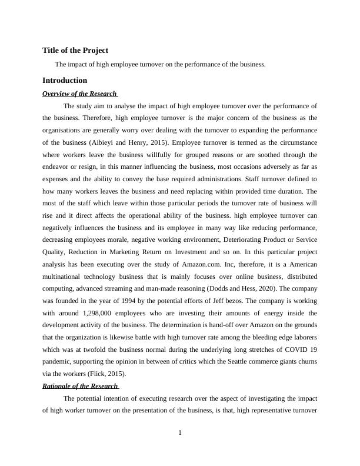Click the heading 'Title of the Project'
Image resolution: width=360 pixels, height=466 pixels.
pos(75,51)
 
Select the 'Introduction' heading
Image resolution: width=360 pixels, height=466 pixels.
pos(65,80)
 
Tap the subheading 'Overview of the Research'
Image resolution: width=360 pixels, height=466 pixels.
pos(79,94)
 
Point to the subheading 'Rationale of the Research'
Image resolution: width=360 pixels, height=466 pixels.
pos(81,386)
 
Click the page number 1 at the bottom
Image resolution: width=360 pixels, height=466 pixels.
pos(180,434)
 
